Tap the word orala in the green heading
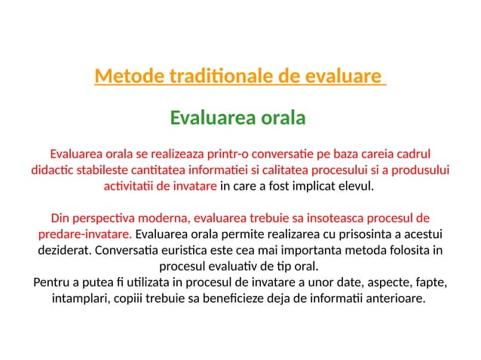[282, 118]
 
